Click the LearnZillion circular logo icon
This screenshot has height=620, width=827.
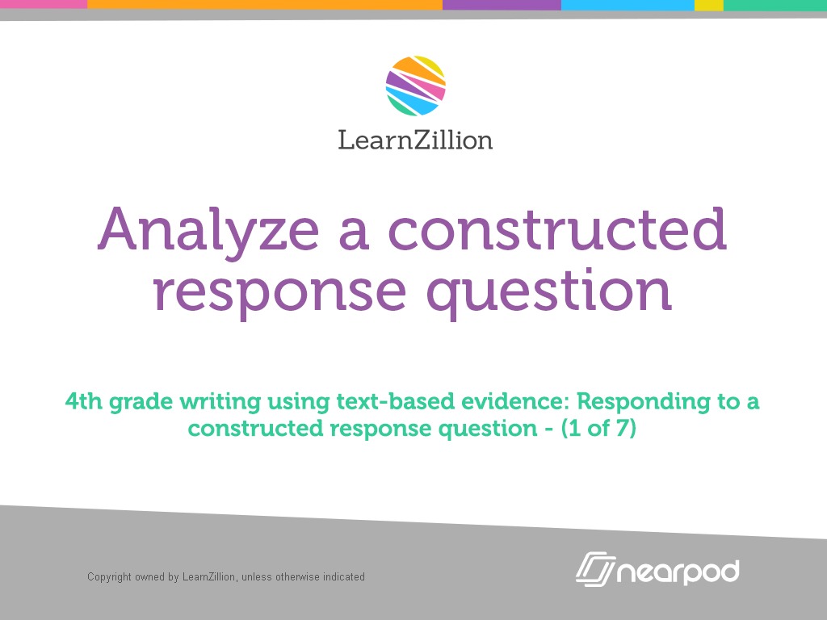[x=415, y=86]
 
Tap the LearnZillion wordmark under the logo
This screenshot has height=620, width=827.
[x=415, y=140]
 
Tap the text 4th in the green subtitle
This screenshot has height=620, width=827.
[x=82, y=401]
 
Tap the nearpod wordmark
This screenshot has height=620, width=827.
[x=678, y=572]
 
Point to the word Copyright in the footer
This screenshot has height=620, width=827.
[x=110, y=577]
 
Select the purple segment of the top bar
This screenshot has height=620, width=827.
[x=502, y=4]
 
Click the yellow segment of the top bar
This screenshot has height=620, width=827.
[x=708, y=4]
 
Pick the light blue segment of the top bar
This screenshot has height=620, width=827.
[x=628, y=4]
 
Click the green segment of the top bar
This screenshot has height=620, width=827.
[x=775, y=4]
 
